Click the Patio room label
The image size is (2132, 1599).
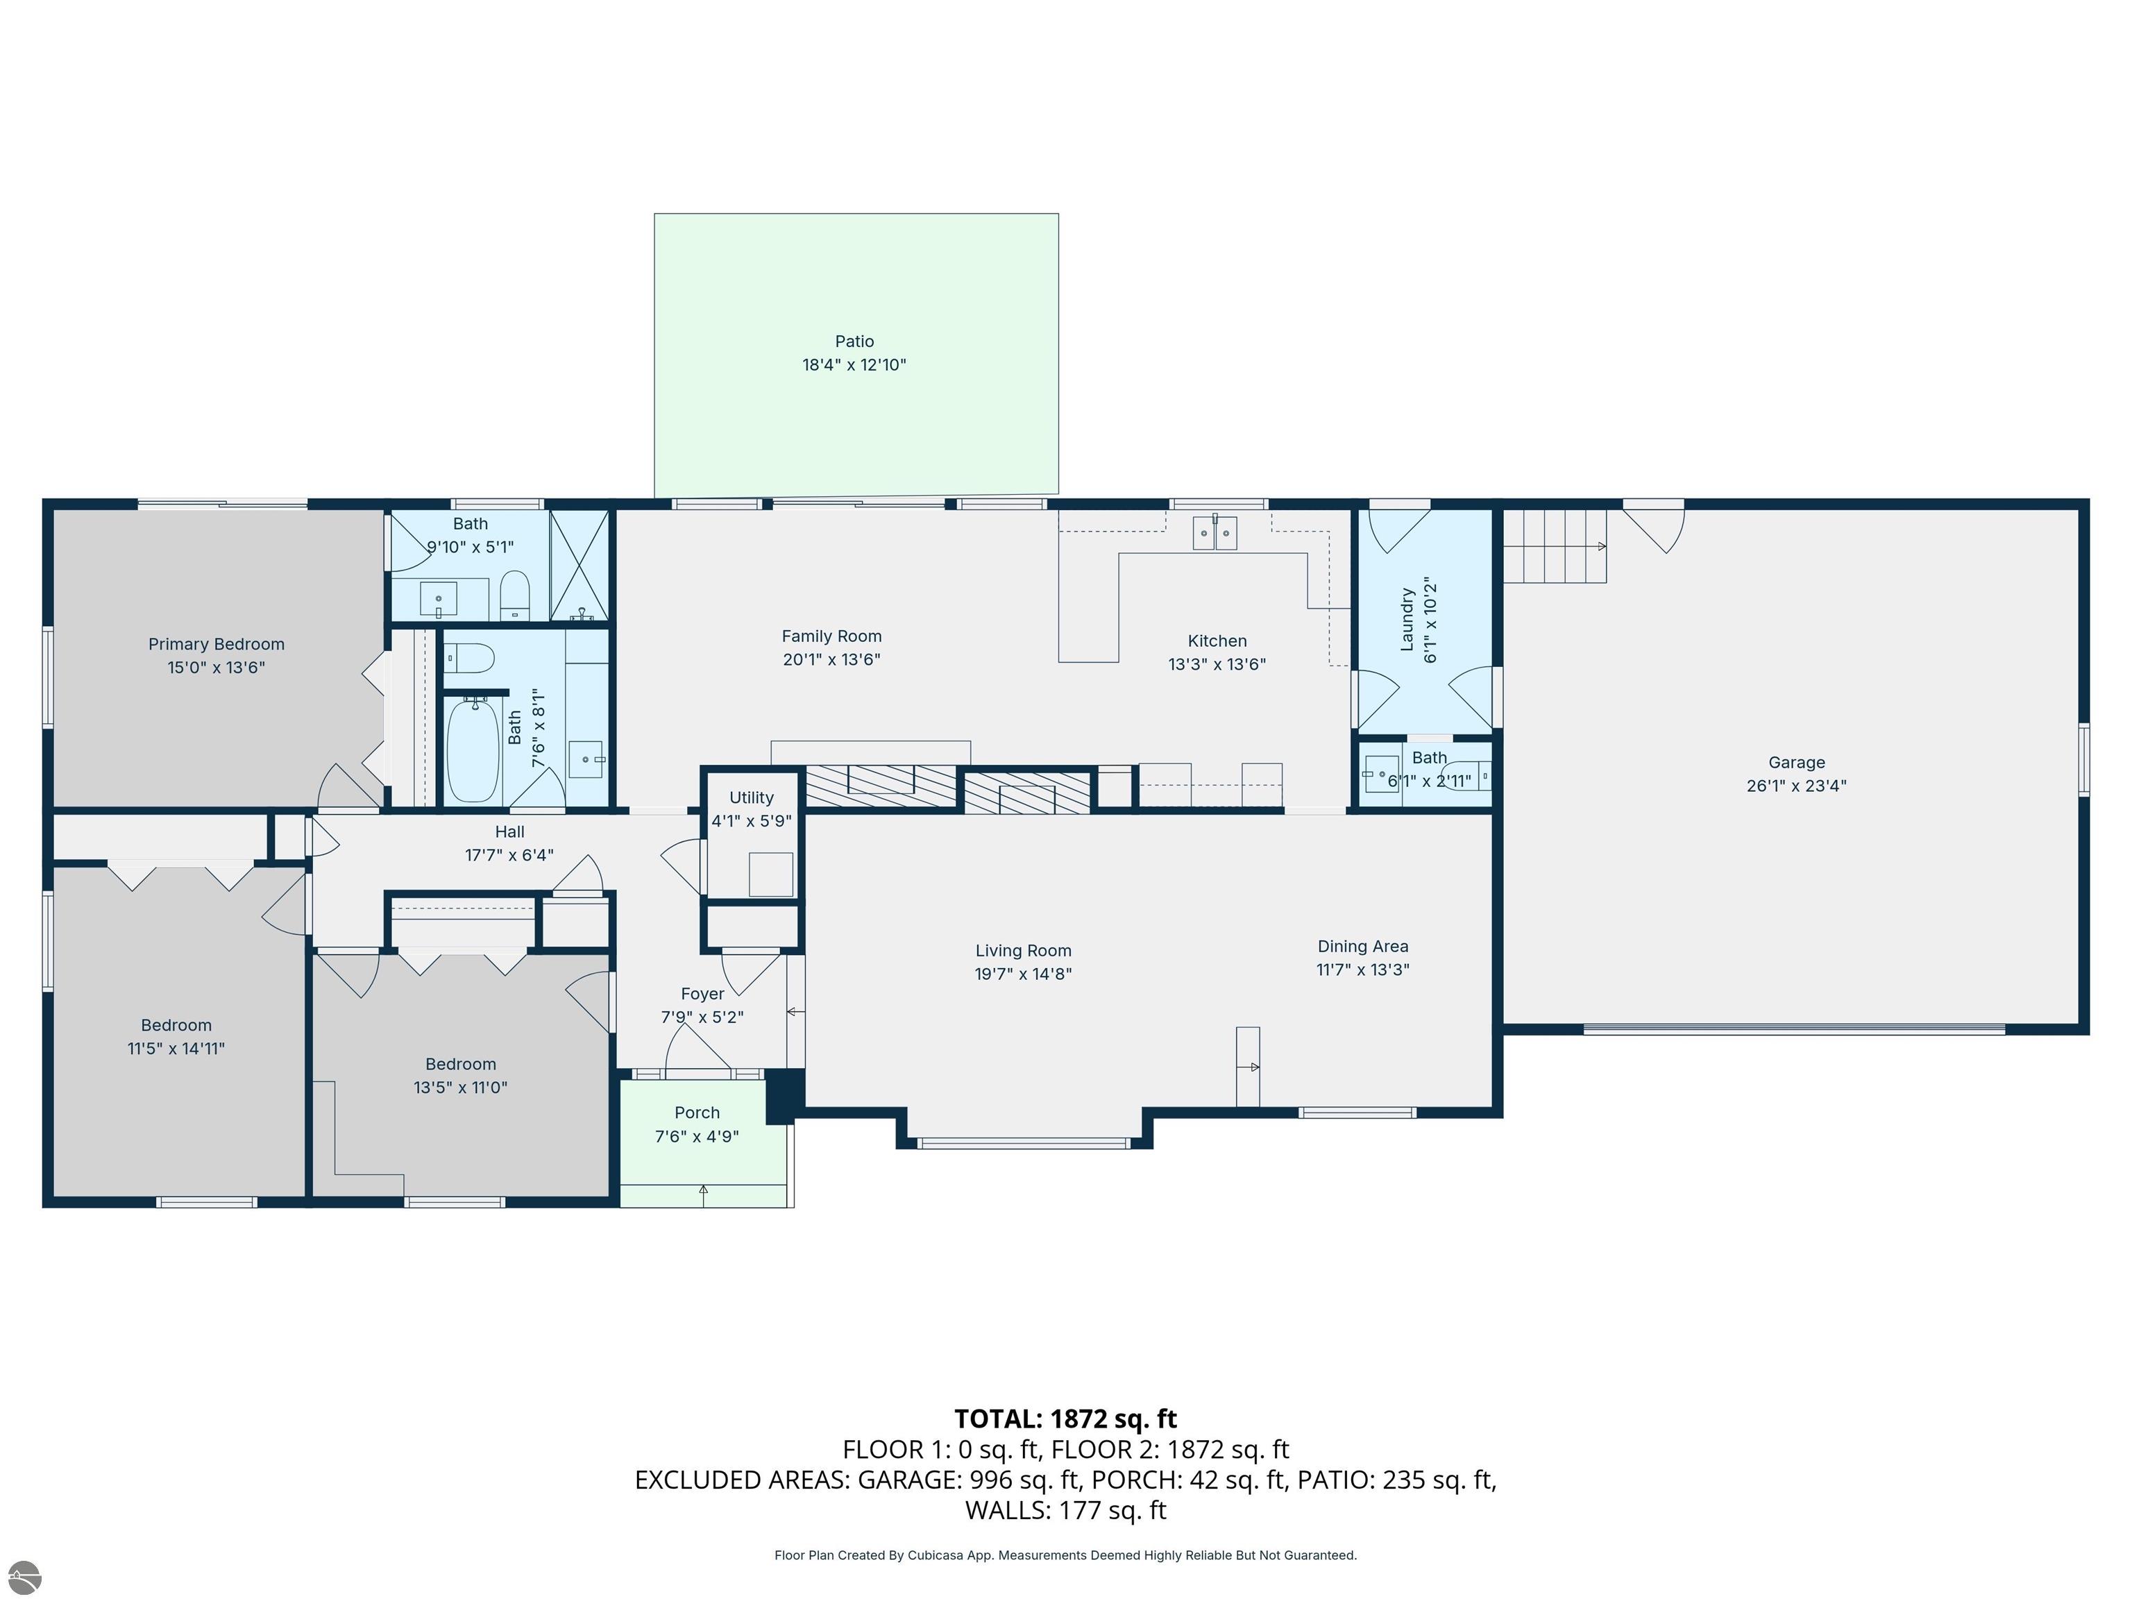coord(854,341)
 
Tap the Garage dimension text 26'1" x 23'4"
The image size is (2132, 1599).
coord(1797,786)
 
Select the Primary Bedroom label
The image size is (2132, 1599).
coord(216,644)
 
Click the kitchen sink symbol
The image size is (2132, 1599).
coord(1215,532)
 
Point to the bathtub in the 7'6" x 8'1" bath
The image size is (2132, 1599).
coord(473,749)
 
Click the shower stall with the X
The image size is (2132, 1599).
coord(579,565)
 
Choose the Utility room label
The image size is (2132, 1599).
coord(751,797)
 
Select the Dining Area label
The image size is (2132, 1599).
coord(1363,947)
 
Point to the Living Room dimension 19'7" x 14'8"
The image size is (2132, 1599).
coord(1023,974)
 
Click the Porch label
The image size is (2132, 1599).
coord(697,1112)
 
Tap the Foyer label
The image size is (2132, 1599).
coord(702,994)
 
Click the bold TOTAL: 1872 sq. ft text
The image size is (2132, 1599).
coord(1065,1418)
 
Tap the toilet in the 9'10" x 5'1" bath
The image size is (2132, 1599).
coord(516,595)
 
